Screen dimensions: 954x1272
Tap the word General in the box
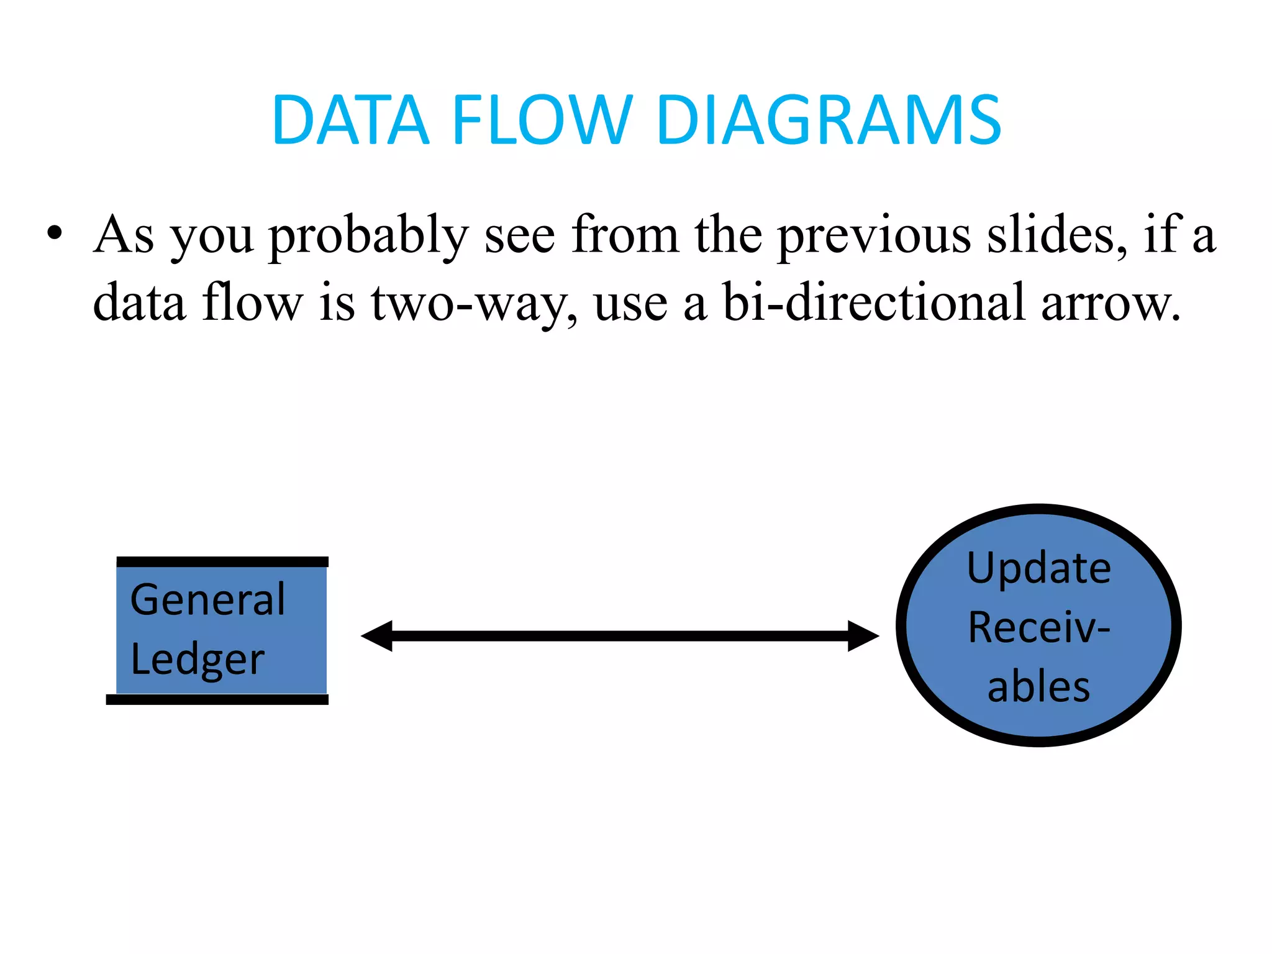(208, 600)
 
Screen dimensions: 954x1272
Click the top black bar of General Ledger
(222, 561)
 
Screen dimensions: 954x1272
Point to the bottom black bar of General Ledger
(217, 699)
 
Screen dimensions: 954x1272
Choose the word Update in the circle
(1038, 568)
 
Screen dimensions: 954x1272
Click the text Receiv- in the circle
(1038, 627)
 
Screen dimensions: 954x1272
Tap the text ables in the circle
(1038, 687)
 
